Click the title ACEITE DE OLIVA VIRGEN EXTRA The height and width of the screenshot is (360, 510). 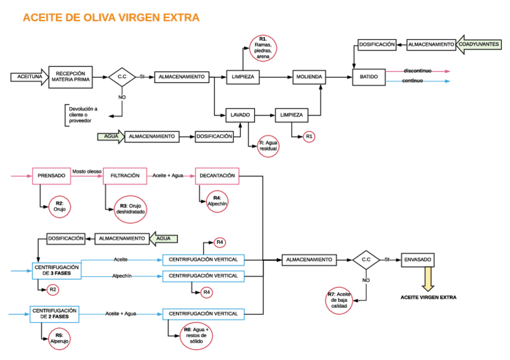(x=111, y=18)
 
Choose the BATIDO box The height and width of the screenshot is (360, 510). (x=369, y=77)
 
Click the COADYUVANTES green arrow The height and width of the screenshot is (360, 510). (x=479, y=44)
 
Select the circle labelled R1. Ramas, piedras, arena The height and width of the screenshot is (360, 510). (x=263, y=47)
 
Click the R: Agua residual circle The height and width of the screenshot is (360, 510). (x=268, y=145)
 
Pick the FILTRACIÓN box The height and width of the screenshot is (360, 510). (x=125, y=175)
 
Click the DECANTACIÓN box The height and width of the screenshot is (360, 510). (x=216, y=175)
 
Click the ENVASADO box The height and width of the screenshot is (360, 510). (x=417, y=260)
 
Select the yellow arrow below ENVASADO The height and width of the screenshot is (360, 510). (x=428, y=279)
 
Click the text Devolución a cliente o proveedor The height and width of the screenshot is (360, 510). (x=82, y=115)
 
